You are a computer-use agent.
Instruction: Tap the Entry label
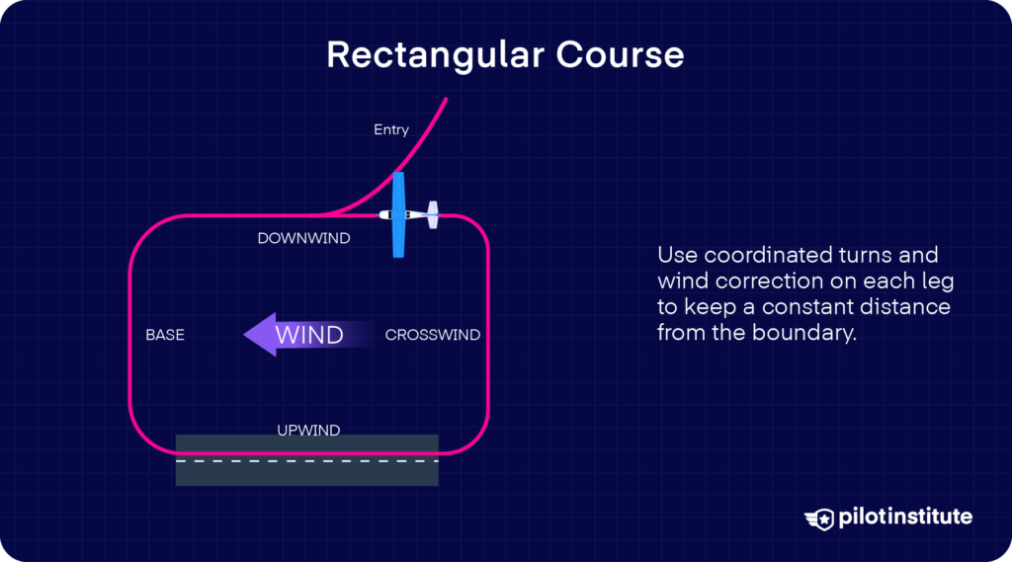(x=391, y=129)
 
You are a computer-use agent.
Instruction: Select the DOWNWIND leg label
(x=303, y=238)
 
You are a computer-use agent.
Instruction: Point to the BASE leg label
(x=165, y=335)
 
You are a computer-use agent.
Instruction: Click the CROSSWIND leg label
(x=432, y=335)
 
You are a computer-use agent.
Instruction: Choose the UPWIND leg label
(x=308, y=430)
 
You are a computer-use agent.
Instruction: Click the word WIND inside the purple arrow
(x=308, y=335)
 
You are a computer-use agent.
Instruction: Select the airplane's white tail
(x=432, y=215)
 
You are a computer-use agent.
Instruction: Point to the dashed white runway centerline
(x=306, y=460)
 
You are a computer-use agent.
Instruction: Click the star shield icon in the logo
(x=819, y=519)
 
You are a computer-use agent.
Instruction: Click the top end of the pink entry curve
(x=447, y=99)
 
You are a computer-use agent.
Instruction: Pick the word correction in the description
(x=751, y=281)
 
